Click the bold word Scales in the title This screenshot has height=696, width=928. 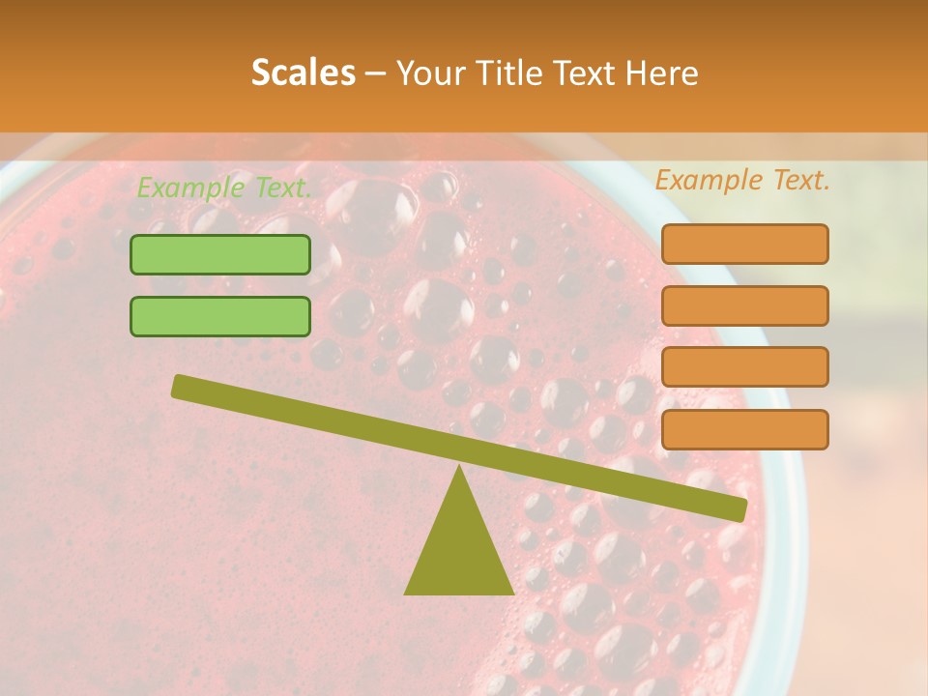coord(303,72)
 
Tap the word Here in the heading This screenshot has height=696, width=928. coord(662,72)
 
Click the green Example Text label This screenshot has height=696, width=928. coord(224,188)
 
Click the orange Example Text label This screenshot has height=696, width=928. coord(742,180)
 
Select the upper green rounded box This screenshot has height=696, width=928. coord(220,254)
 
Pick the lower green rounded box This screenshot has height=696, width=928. coord(220,316)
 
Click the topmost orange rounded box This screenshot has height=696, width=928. coord(744,244)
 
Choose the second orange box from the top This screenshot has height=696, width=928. coord(744,305)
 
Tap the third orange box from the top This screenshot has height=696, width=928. coord(744,366)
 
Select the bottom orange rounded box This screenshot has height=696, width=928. coord(744,429)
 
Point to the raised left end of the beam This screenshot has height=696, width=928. coord(180,386)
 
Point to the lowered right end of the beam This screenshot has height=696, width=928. coord(739,509)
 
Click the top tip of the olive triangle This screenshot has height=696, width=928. coord(459,466)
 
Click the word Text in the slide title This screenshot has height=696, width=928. coord(582,72)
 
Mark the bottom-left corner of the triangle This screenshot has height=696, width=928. coord(406,593)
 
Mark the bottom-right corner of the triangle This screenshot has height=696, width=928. coord(512,593)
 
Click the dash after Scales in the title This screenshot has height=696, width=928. coord(375,73)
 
